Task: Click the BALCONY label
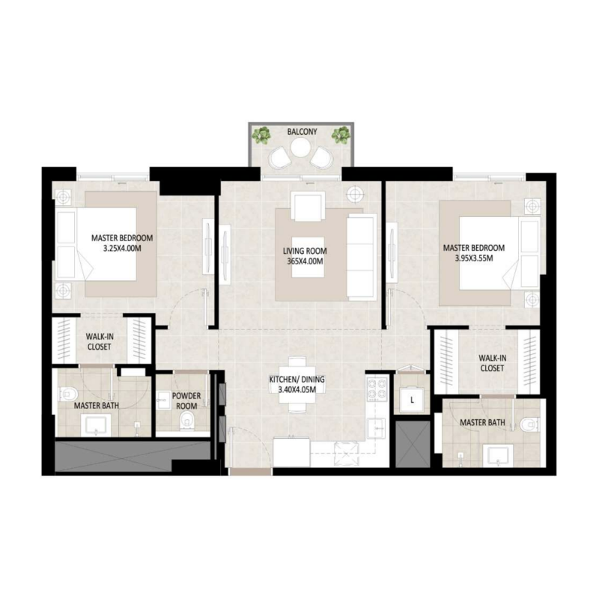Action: pyautogui.click(x=302, y=132)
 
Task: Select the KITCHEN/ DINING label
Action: pyautogui.click(x=298, y=380)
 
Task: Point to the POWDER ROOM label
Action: pyautogui.click(x=185, y=401)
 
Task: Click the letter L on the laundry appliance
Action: pyautogui.click(x=412, y=401)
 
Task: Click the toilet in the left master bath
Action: pyautogui.click(x=69, y=391)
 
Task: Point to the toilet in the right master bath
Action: pyautogui.click(x=529, y=425)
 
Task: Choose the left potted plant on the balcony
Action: pyautogui.click(x=261, y=136)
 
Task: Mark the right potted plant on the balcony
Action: pyautogui.click(x=341, y=136)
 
